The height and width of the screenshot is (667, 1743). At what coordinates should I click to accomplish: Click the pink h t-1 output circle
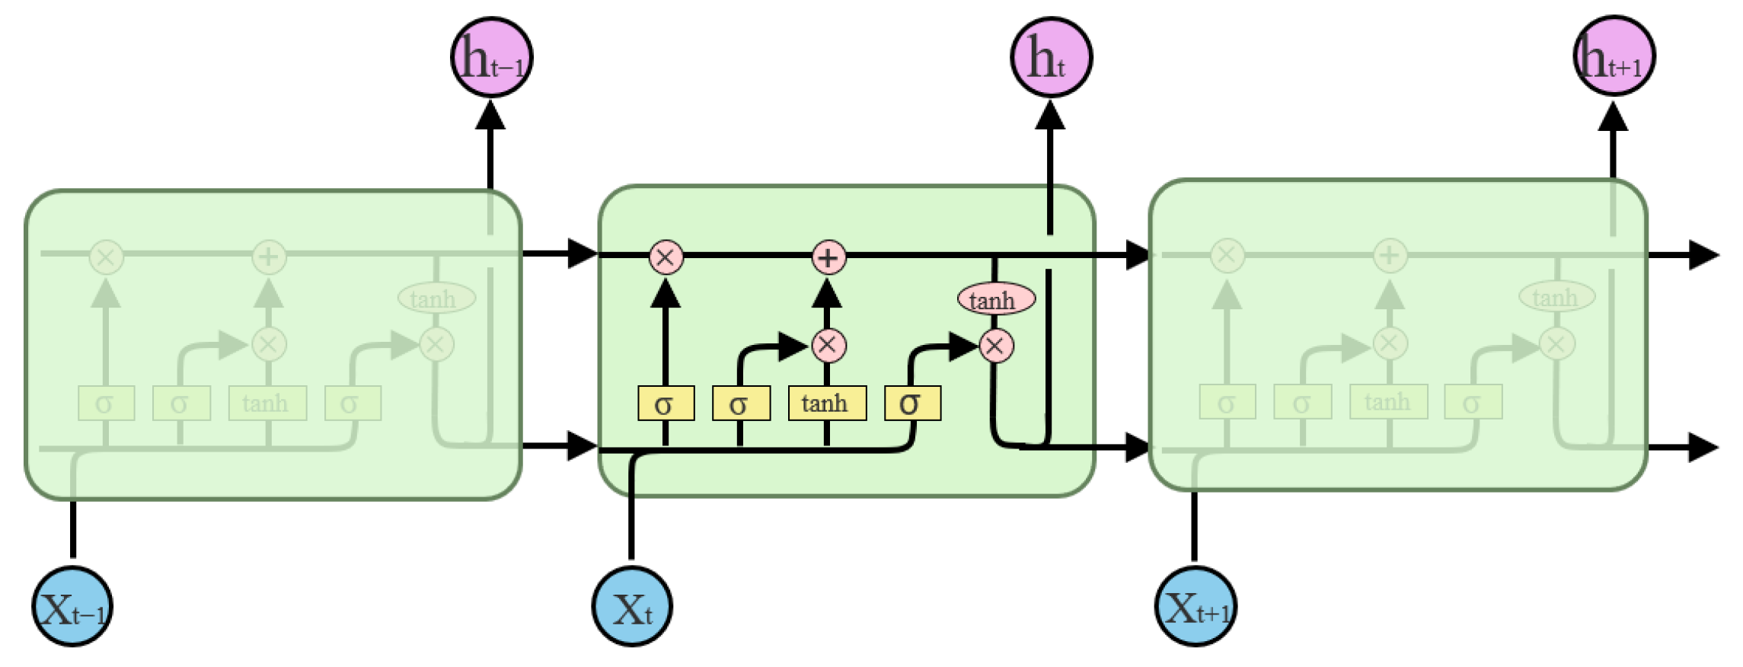(491, 57)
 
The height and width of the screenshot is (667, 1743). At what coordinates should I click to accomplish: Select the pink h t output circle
(1051, 57)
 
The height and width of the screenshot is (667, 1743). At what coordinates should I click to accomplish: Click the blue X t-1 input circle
(72, 607)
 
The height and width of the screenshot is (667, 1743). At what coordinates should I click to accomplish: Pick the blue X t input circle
(632, 607)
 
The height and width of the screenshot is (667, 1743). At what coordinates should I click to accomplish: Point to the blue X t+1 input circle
(1196, 607)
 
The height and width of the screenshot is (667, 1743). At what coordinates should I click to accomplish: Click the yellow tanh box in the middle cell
(827, 403)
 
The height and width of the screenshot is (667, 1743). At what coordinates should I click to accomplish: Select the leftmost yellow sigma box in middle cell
(666, 403)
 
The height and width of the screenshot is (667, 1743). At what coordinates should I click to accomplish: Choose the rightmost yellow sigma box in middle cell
(912, 403)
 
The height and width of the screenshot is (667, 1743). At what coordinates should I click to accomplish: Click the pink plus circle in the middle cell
(828, 257)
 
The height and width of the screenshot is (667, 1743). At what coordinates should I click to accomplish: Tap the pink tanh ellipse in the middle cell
(996, 299)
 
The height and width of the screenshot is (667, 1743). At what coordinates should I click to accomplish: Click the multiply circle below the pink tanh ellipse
(996, 346)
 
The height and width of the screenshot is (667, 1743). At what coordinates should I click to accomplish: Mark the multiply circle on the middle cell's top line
(666, 257)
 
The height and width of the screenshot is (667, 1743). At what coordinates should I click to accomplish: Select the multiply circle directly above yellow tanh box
(828, 346)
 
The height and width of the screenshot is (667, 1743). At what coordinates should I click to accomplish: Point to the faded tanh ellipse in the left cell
(436, 298)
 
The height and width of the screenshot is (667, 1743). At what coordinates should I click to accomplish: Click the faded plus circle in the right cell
(1390, 255)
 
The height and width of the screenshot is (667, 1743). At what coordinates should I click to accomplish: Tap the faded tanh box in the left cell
(267, 403)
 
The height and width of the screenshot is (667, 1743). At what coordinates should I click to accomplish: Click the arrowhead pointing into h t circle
(1050, 116)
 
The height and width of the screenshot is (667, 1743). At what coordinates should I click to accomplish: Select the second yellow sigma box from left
(741, 403)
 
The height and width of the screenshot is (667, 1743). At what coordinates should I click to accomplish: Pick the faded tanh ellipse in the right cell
(1556, 296)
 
